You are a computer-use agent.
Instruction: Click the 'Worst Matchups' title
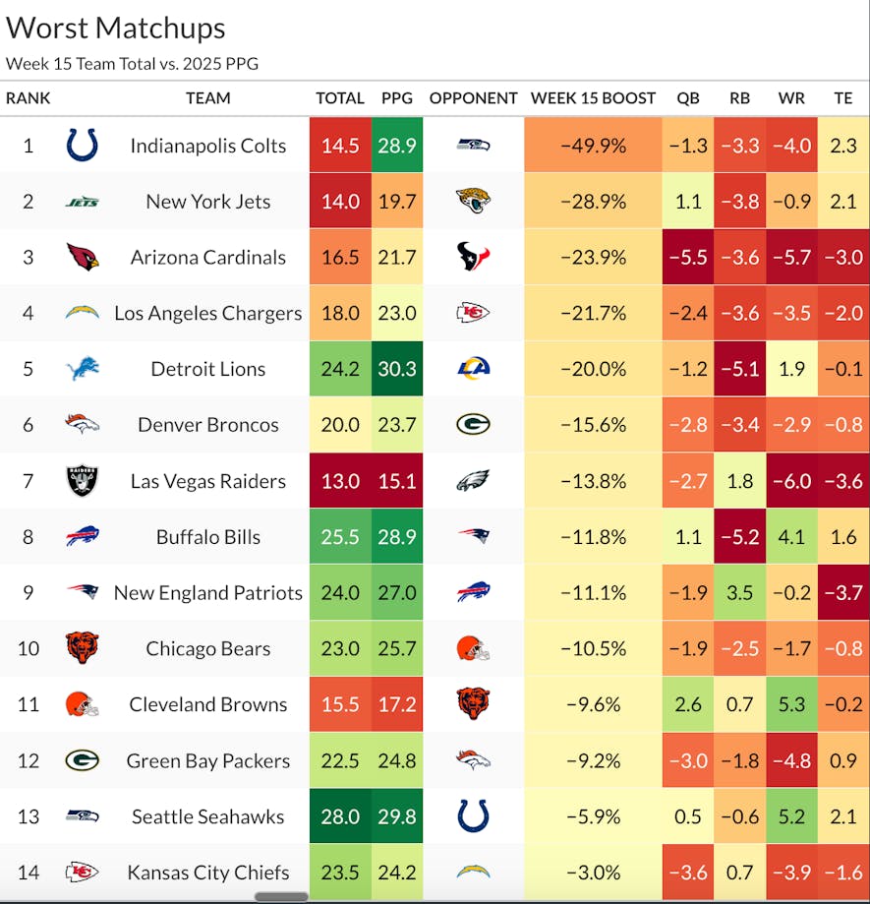pyautogui.click(x=116, y=29)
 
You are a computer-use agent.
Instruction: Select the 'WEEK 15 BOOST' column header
pyautogui.click(x=593, y=98)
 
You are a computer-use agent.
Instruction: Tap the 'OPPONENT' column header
pyautogui.click(x=473, y=98)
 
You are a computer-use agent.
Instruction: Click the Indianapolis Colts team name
pyautogui.click(x=207, y=146)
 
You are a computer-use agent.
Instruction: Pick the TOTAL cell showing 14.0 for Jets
pyautogui.click(x=340, y=202)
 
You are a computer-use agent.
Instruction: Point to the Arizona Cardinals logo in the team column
pyautogui.click(x=83, y=258)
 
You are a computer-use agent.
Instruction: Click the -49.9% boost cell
pyautogui.click(x=593, y=146)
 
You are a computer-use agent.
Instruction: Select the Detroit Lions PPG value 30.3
pyautogui.click(x=397, y=370)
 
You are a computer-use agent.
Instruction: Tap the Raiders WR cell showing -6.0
pyautogui.click(x=791, y=481)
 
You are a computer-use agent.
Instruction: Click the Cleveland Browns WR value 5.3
pyautogui.click(x=791, y=704)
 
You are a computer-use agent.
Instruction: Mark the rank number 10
pyautogui.click(x=28, y=649)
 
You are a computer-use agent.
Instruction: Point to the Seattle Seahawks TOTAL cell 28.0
pyautogui.click(x=340, y=816)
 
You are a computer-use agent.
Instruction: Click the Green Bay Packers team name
pyautogui.click(x=207, y=761)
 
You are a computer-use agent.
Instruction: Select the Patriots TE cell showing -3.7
pyautogui.click(x=843, y=593)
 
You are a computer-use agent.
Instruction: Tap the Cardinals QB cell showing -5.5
pyautogui.click(x=688, y=258)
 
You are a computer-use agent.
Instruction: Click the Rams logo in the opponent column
pyautogui.click(x=473, y=370)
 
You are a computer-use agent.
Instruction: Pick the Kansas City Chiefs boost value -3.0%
pyautogui.click(x=593, y=873)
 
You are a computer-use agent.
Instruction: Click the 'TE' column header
pyautogui.click(x=843, y=98)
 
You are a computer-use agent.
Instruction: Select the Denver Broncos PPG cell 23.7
pyautogui.click(x=397, y=425)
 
